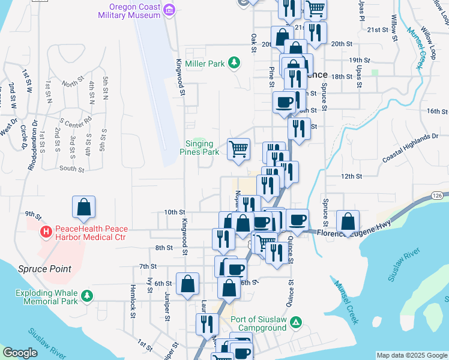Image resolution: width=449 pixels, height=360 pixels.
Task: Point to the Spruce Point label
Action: [x=44, y=269]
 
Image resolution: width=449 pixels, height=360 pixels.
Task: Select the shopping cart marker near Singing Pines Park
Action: [x=239, y=149]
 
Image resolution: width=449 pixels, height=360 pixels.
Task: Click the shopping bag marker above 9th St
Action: [x=84, y=207]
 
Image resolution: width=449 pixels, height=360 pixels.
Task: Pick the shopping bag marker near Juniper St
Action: [x=188, y=284]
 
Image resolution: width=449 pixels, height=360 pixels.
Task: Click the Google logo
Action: [x=20, y=353]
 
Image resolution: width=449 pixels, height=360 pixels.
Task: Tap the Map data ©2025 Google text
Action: [x=412, y=355]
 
